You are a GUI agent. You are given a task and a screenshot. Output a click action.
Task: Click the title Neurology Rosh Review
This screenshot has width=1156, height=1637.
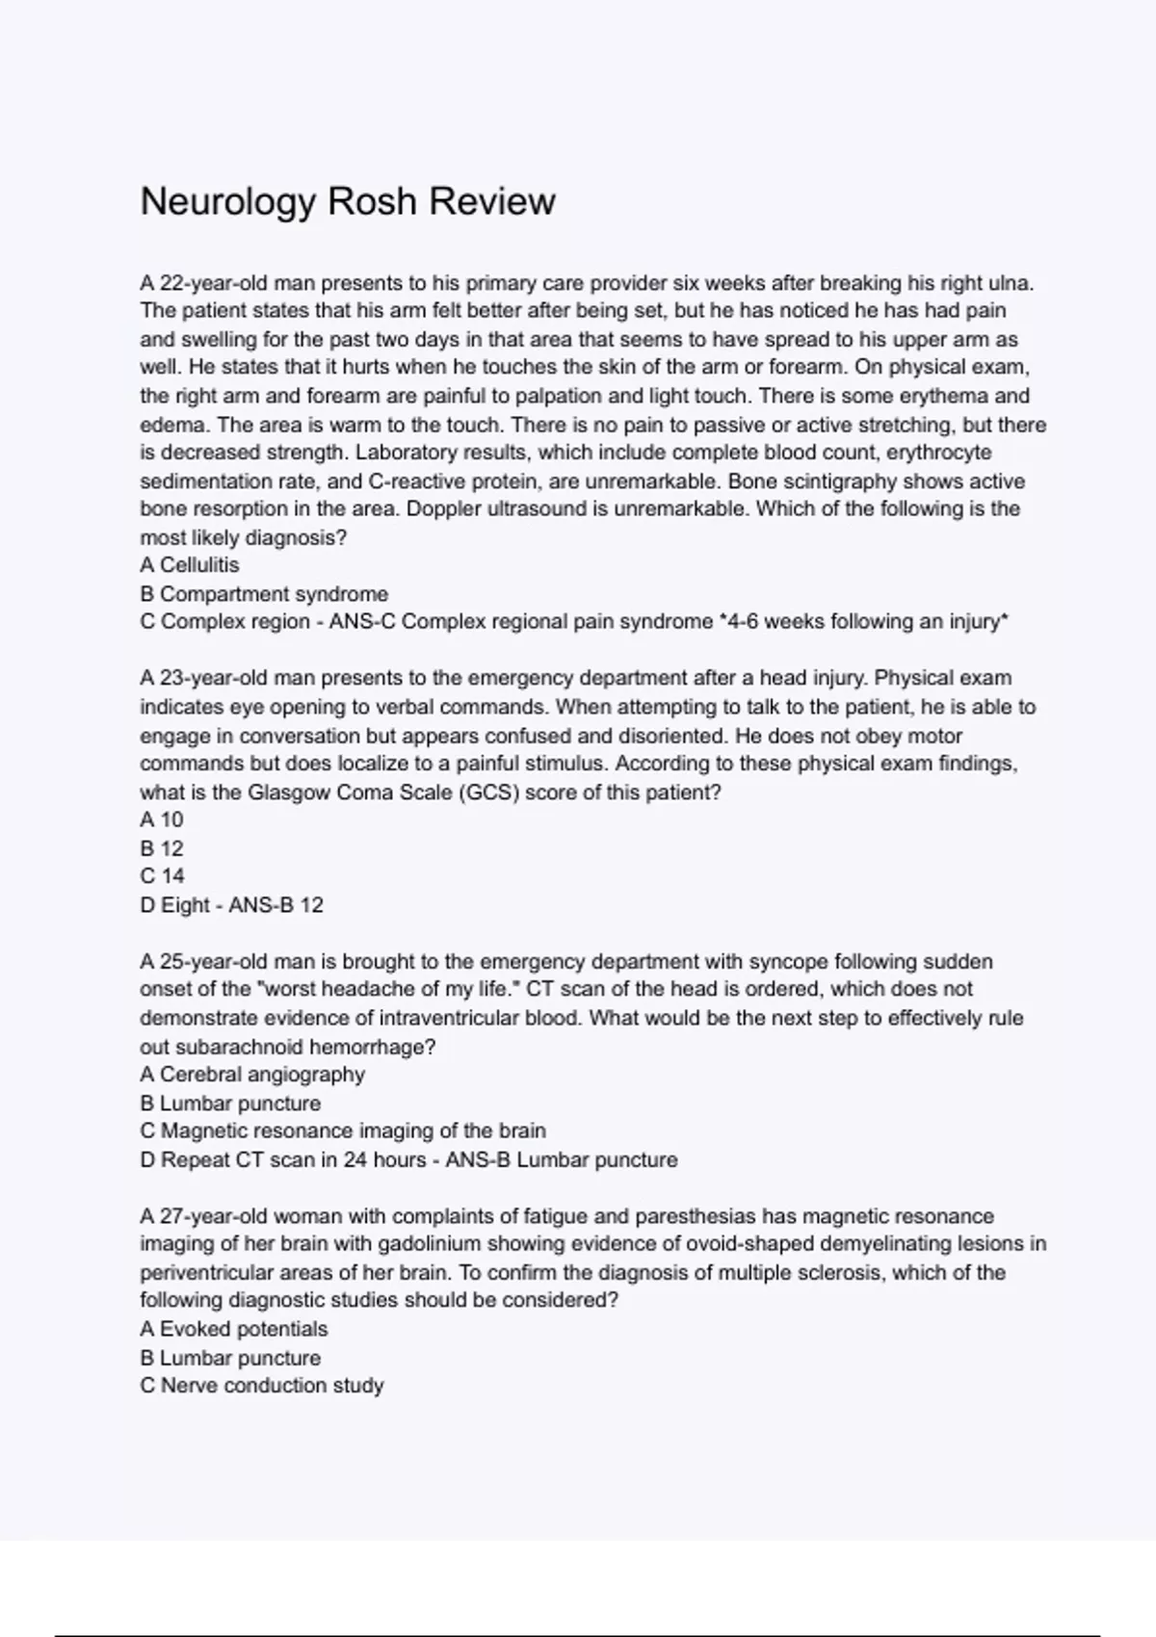coord(348,202)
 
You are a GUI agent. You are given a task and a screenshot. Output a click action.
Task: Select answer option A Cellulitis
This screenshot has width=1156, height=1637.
coord(190,565)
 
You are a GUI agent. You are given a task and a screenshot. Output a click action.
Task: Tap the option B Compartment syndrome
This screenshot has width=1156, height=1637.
coord(264,594)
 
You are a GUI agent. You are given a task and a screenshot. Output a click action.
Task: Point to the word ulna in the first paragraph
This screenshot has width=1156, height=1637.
coord(1010,283)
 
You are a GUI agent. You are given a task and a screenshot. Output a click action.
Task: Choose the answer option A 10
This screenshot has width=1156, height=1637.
coord(162,819)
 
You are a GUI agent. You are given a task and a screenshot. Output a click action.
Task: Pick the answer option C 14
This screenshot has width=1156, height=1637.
coord(162,876)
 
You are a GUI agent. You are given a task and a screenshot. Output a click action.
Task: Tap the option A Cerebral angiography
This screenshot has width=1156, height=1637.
coord(252,1075)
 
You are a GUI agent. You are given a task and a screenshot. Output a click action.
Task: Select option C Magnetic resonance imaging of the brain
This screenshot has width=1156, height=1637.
coord(343,1131)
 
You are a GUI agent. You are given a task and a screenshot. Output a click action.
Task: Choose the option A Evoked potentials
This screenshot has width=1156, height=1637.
coord(234,1330)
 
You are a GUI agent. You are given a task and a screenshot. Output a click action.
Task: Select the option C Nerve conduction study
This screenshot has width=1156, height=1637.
coord(262,1386)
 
